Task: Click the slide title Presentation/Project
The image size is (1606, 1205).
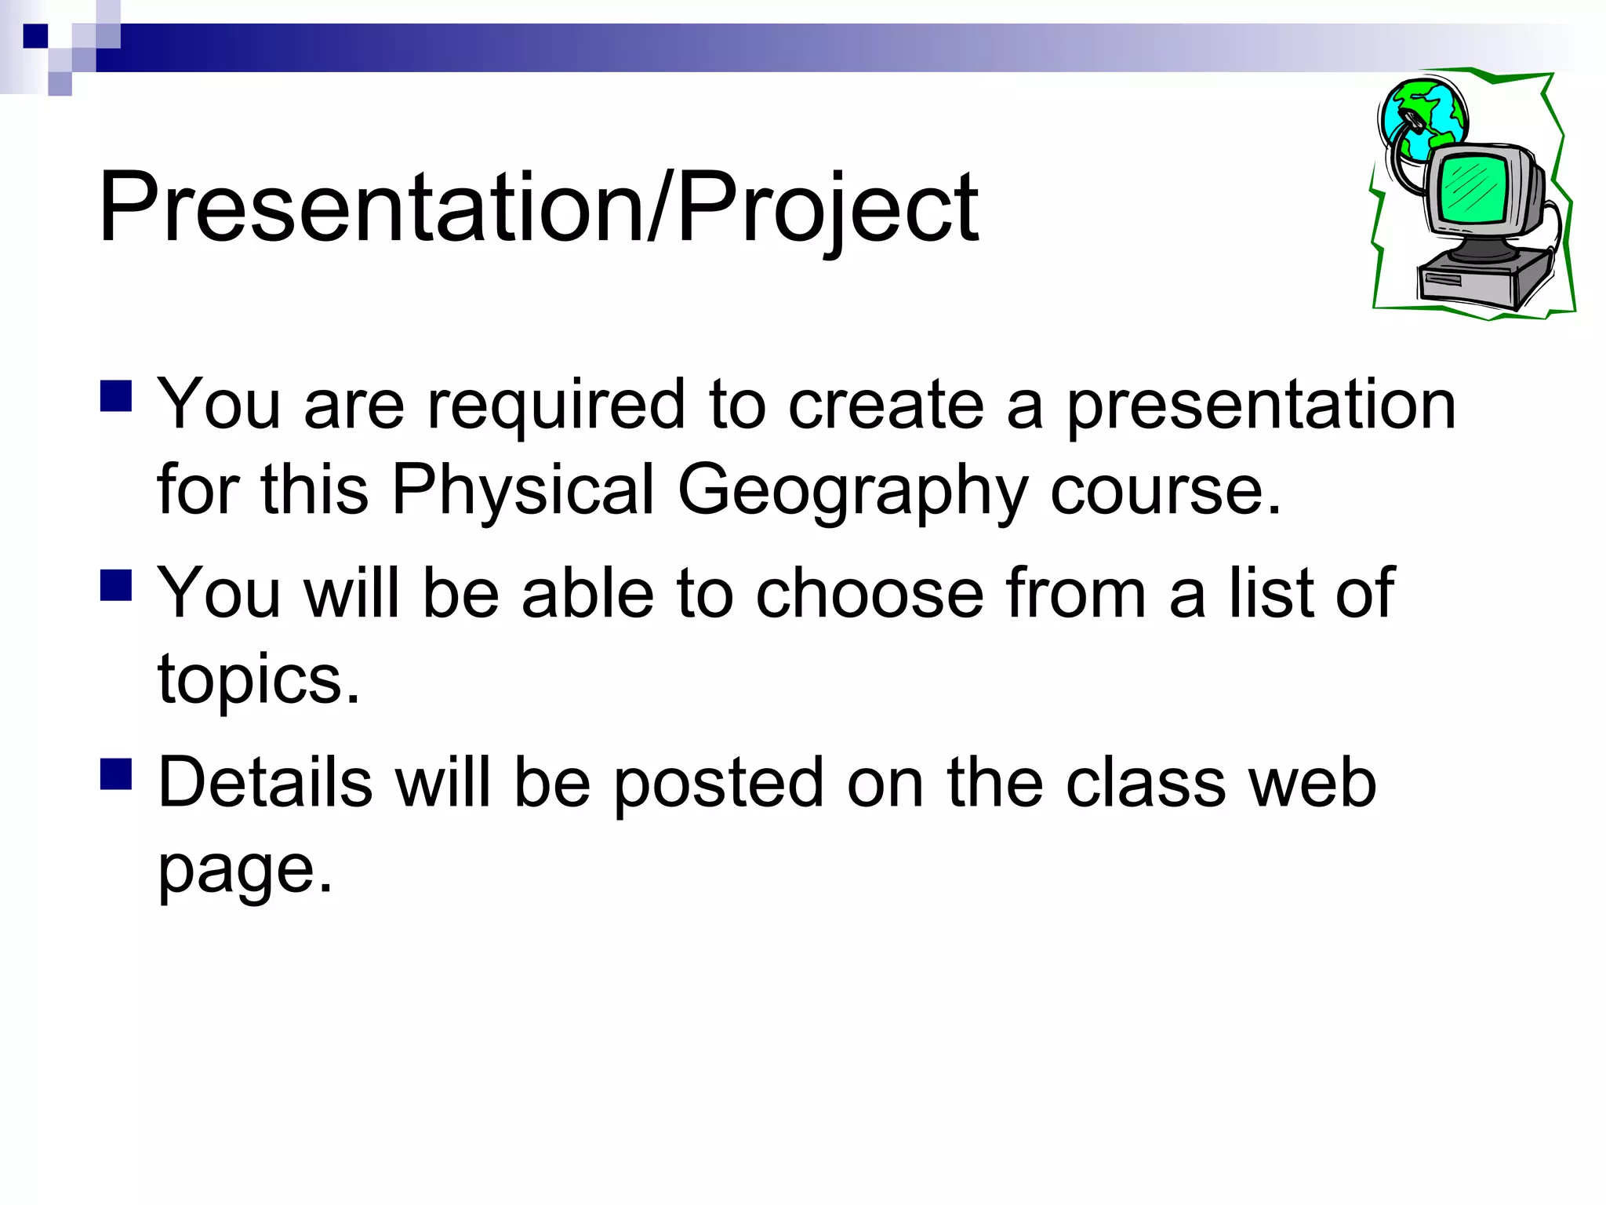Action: pyautogui.click(x=538, y=209)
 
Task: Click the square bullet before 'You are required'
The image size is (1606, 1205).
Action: pyautogui.click(x=116, y=396)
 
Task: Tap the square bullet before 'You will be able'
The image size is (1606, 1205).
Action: pyautogui.click(x=116, y=585)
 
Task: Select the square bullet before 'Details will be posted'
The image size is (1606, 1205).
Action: pyautogui.click(x=116, y=774)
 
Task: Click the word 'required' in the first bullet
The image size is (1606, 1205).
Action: pyautogui.click(x=556, y=406)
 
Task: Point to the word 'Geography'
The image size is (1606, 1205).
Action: pyautogui.click(x=852, y=491)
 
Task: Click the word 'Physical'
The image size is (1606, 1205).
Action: pyautogui.click(x=522, y=491)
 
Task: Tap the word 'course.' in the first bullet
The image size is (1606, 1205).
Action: pyautogui.click(x=1165, y=491)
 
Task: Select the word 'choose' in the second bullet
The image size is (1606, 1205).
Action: pyautogui.click(x=870, y=594)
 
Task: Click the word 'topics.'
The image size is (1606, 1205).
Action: pyautogui.click(x=259, y=679)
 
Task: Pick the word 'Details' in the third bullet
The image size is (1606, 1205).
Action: pyautogui.click(x=265, y=783)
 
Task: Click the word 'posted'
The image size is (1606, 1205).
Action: pyautogui.click(x=718, y=783)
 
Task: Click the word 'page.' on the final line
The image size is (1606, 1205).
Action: pyautogui.click(x=245, y=869)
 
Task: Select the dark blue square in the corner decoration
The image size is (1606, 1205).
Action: pyautogui.click(x=35, y=36)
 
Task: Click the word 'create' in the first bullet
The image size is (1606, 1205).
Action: pyautogui.click(x=885, y=406)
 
